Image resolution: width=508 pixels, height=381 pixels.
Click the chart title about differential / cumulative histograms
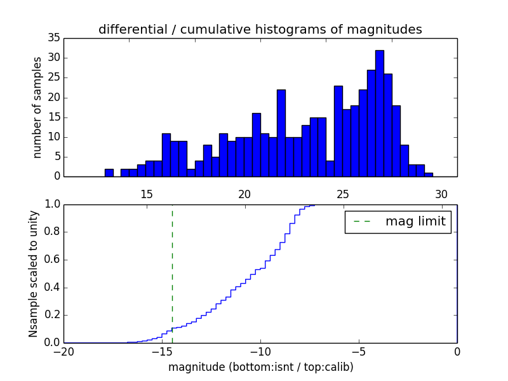coord(260,30)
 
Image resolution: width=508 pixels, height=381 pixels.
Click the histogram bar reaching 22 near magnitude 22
coord(281,133)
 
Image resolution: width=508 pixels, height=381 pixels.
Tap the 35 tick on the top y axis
coord(53,38)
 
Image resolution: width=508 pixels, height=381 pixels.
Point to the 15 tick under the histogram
coord(147,194)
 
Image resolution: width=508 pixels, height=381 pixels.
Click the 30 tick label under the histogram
coord(441,194)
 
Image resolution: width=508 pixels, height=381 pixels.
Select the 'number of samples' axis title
coord(37,107)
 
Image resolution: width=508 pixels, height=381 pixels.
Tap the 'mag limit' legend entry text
coord(415,222)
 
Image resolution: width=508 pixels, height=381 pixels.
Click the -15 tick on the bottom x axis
coord(162,351)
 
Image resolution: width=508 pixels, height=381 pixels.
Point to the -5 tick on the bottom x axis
coord(359,351)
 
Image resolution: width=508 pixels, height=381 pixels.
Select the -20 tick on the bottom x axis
coord(63,351)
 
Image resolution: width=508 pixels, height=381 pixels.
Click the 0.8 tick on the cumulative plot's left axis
coord(52,232)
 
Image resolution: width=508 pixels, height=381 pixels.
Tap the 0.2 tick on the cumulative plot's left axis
coord(52,315)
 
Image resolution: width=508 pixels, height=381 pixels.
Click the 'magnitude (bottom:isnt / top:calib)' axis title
coord(260,366)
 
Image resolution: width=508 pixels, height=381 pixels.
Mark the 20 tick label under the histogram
coord(245,194)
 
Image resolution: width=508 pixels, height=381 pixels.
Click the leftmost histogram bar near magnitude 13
coord(109,173)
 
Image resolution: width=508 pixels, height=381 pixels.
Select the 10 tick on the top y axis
coord(53,137)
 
